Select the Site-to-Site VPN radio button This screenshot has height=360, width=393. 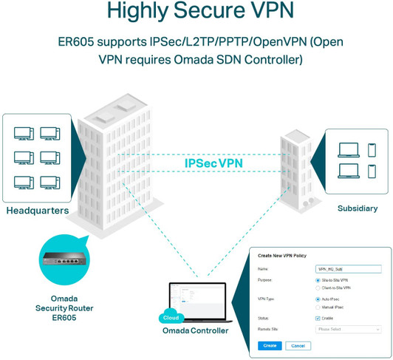(x=317, y=281)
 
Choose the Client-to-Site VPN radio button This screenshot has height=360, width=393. (x=317, y=288)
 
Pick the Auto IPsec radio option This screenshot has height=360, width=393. (x=317, y=299)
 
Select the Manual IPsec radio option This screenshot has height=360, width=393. (x=317, y=306)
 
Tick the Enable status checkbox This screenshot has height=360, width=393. (x=317, y=317)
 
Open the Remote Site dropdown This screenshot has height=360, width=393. (x=347, y=329)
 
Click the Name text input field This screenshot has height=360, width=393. (x=347, y=269)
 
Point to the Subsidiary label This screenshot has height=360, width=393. (x=358, y=208)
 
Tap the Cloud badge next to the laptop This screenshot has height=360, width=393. (x=170, y=317)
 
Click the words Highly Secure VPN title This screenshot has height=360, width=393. (x=196, y=13)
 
